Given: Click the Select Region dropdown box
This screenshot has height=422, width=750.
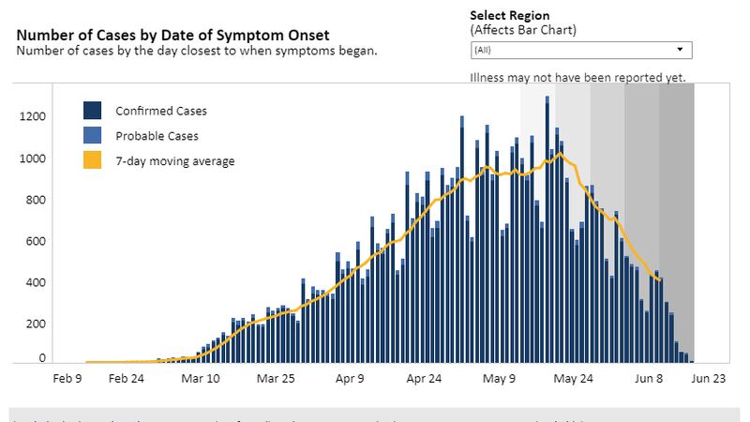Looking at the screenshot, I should pos(580,50).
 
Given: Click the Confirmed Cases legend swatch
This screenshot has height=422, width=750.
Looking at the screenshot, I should pos(93,111).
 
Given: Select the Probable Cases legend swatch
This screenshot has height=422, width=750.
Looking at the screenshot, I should pos(93,136).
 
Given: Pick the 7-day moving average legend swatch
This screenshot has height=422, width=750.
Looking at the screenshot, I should pos(93,160).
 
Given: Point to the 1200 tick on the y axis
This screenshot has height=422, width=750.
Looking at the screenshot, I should pos(33,116).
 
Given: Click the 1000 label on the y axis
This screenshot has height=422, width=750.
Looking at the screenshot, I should pos(33,158).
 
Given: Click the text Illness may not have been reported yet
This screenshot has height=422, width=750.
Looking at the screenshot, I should pos(577,77).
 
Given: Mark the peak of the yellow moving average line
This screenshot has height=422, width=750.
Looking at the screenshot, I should pos(559,153).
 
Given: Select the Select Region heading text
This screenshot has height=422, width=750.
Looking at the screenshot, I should pos(509,16).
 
